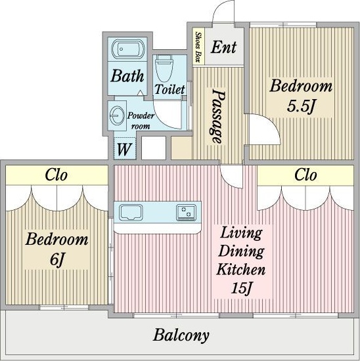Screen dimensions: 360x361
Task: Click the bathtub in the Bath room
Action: tap(127, 49)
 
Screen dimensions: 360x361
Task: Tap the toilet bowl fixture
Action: tap(164, 67)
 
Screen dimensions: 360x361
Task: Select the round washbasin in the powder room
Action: tap(117, 116)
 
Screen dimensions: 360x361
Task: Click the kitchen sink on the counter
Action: tap(131, 212)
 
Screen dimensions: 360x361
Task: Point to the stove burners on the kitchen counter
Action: tap(186, 212)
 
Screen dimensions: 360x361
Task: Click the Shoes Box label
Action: tap(198, 47)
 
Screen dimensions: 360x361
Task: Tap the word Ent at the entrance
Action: tap(223, 47)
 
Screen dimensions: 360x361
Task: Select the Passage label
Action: tap(217, 116)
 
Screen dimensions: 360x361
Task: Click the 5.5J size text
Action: tap(300, 106)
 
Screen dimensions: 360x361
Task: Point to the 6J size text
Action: tap(56, 260)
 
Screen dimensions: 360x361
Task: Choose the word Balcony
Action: tap(181, 335)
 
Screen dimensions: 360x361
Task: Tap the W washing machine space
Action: tap(124, 149)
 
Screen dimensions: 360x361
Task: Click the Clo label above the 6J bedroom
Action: tap(56, 175)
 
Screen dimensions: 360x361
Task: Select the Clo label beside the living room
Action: tap(305, 175)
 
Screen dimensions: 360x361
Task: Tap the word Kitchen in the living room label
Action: tap(241, 269)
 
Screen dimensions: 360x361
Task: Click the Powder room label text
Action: tap(141, 121)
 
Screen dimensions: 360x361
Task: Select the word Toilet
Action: tap(169, 89)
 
